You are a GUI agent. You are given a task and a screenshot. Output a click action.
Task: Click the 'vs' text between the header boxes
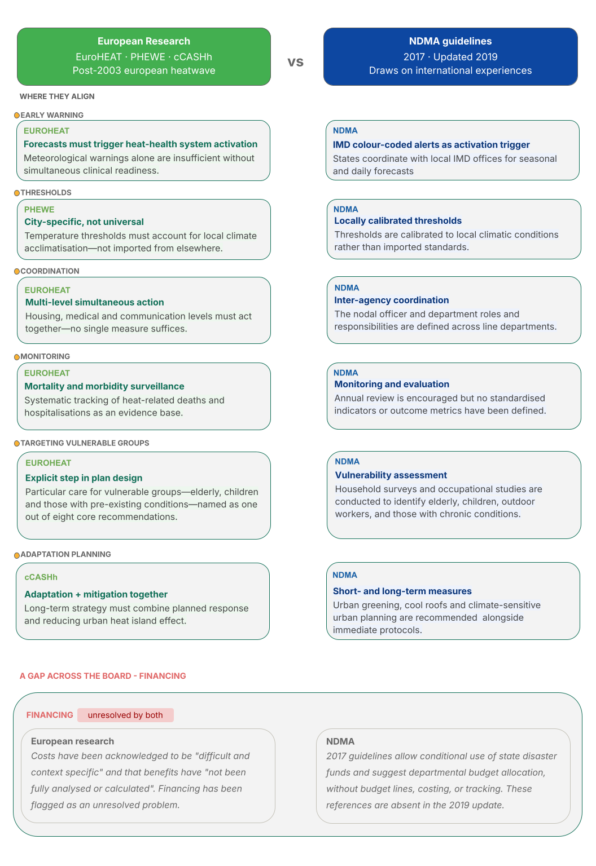click(295, 61)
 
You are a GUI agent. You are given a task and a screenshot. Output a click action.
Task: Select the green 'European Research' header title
click(144, 41)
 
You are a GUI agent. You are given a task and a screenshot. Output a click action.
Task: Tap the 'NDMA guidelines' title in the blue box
click(450, 41)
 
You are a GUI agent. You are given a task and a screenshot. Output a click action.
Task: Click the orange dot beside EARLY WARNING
click(17, 116)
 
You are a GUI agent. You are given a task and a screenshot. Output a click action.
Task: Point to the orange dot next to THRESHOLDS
click(17, 193)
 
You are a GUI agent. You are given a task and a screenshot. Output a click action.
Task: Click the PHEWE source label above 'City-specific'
click(40, 210)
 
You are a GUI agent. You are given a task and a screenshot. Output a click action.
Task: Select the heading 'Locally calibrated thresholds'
click(398, 221)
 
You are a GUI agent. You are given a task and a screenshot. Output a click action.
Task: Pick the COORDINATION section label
click(50, 271)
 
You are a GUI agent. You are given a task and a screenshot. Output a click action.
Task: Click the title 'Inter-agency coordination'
click(392, 301)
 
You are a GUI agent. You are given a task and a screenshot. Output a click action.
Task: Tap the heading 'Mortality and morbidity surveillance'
click(104, 387)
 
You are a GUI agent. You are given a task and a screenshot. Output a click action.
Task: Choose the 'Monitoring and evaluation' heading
click(392, 385)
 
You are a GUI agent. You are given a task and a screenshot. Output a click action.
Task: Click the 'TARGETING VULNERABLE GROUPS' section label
click(85, 443)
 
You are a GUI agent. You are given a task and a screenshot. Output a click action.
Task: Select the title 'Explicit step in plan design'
click(84, 478)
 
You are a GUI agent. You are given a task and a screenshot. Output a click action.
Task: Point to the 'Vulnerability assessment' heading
click(391, 475)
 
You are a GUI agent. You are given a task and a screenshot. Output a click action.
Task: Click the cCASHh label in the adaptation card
click(41, 577)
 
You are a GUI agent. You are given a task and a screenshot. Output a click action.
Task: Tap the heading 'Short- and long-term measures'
click(402, 591)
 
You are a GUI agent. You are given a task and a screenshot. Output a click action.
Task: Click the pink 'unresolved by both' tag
click(125, 715)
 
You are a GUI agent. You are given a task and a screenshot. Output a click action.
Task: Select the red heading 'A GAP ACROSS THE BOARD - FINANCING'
click(103, 676)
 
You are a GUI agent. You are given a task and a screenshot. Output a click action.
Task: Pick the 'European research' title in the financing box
click(72, 741)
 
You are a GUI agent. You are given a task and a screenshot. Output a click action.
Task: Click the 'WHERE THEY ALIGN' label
click(57, 96)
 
